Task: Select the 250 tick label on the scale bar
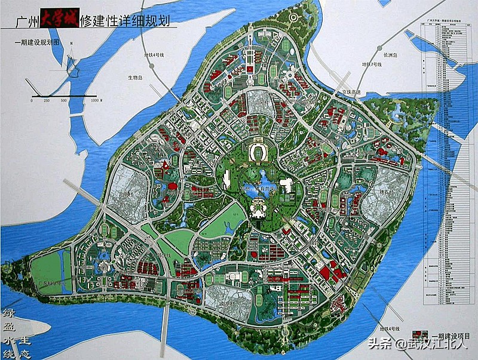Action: [x=47, y=100]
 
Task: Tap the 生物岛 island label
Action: [x=136, y=77]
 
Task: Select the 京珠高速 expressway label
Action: [x=345, y=93]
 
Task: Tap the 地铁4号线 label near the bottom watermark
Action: [x=388, y=329]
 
